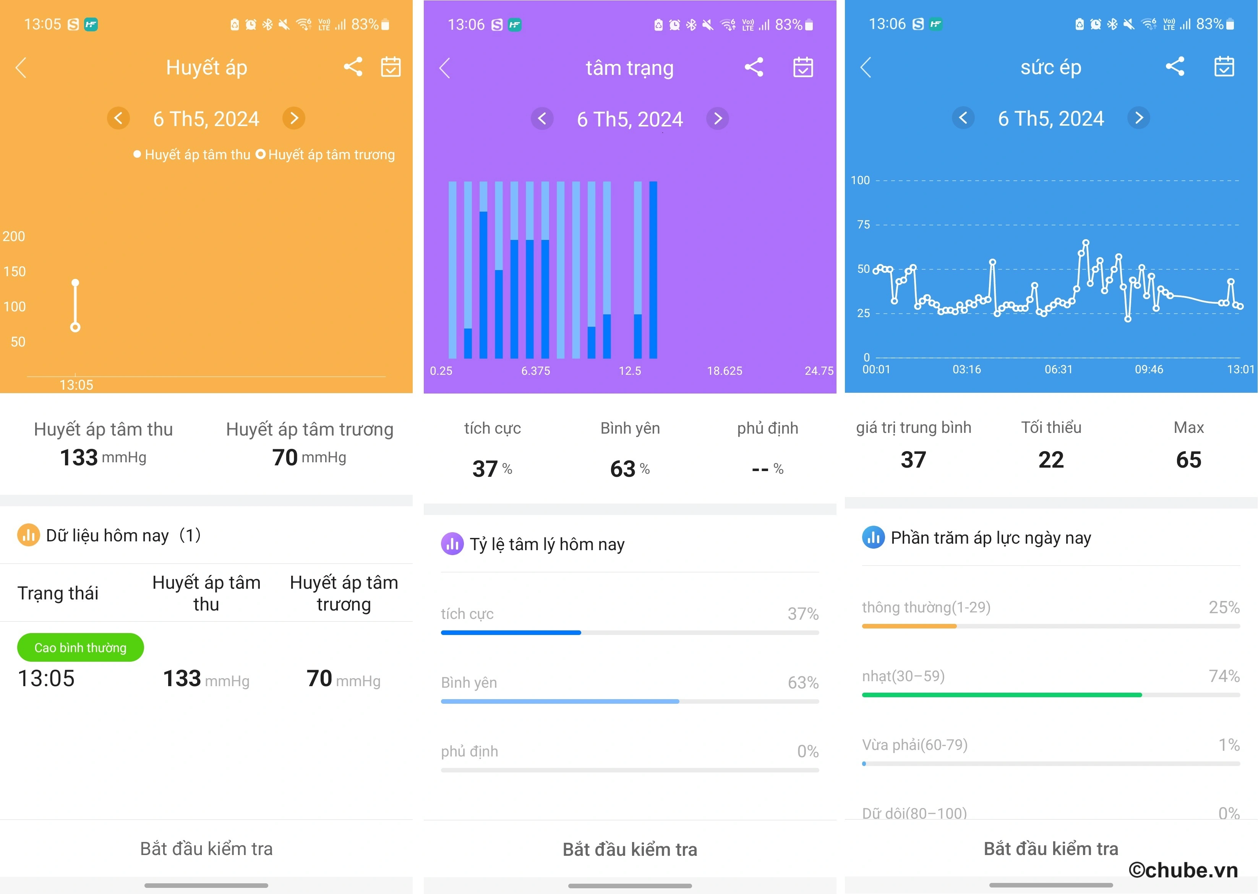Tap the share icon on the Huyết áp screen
(353, 67)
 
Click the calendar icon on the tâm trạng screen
(803, 67)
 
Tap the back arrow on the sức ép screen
(866, 67)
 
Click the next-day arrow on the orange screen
(294, 118)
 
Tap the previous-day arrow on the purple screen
(542, 118)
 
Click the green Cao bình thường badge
(80, 647)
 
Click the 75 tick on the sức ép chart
(863, 225)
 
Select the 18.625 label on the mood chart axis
(725, 371)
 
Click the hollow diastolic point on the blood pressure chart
(75, 327)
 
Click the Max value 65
(1188, 460)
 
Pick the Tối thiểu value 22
(1051, 460)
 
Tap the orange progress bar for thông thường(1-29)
(909, 626)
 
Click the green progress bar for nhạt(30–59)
(1002, 695)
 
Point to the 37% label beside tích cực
(803, 613)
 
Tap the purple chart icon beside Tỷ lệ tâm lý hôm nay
(452, 544)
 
